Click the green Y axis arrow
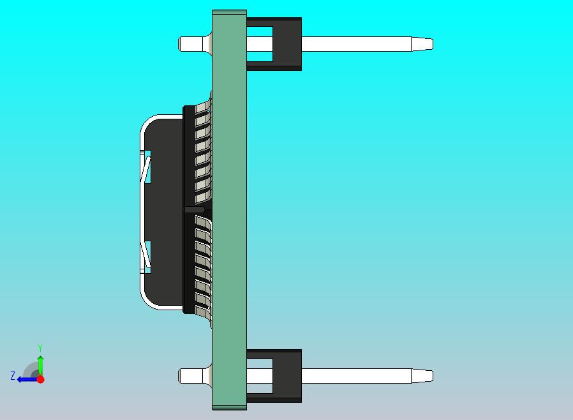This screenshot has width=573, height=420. click(x=40, y=364)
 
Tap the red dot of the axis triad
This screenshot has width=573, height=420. click(x=40, y=379)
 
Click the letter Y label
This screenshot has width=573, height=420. click(x=40, y=348)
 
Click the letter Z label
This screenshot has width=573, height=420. click(x=12, y=377)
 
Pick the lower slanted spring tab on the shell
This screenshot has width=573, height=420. click(x=147, y=255)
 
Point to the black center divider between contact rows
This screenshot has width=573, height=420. click(x=195, y=209)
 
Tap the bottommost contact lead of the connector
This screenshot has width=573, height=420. click(x=203, y=311)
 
